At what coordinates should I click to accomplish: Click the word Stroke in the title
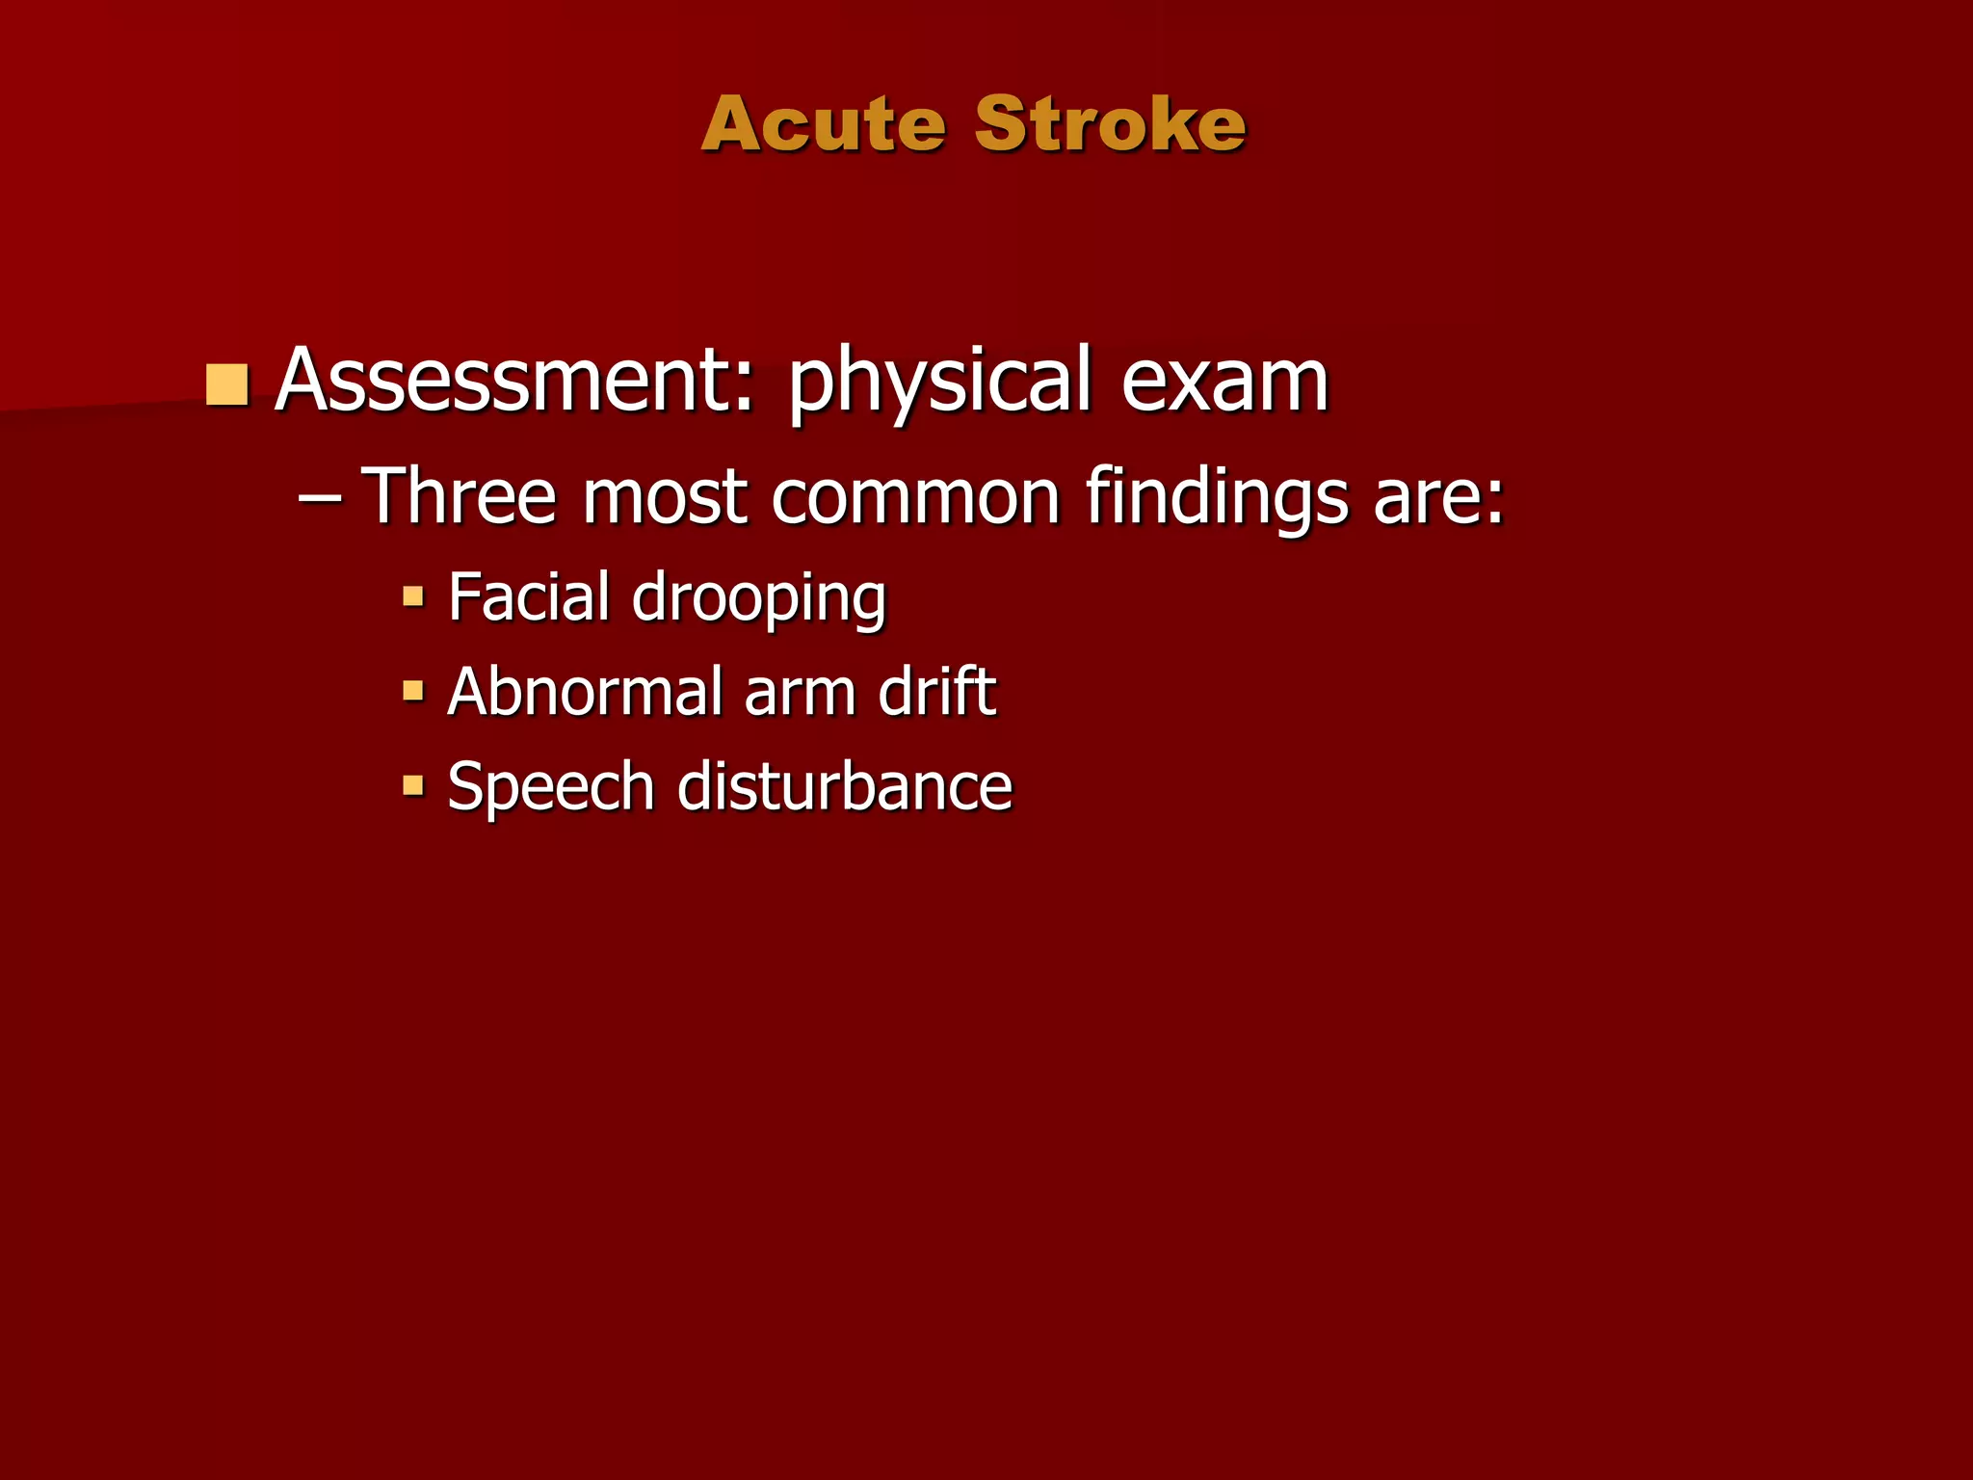(x=1110, y=124)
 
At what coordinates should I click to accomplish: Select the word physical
(x=940, y=383)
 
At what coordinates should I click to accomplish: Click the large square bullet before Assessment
(x=227, y=384)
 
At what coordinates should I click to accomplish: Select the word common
(x=915, y=498)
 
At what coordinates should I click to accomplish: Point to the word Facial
(x=529, y=596)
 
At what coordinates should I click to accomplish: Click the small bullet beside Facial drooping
(x=413, y=596)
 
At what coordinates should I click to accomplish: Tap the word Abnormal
(x=585, y=691)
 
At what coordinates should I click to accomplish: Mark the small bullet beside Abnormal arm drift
(x=413, y=691)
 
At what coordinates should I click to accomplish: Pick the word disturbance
(x=845, y=786)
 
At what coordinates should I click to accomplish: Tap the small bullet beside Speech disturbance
(x=413, y=785)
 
